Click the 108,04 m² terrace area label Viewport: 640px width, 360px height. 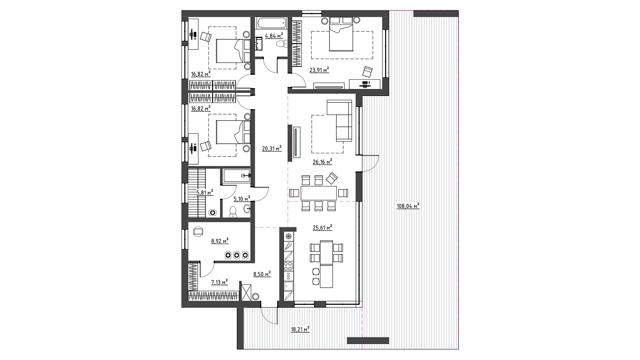pyautogui.click(x=408, y=206)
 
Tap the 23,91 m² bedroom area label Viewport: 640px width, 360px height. pyautogui.click(x=319, y=70)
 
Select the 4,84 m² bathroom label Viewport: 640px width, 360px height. pyautogui.click(x=274, y=36)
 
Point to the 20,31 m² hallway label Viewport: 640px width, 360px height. pyautogui.click(x=272, y=148)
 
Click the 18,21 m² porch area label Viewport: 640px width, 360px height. pyautogui.click(x=300, y=330)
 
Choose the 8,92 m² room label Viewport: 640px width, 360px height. pyautogui.click(x=220, y=241)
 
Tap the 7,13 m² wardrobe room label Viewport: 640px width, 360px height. pyautogui.click(x=220, y=282)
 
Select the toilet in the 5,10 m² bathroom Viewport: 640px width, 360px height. pyautogui.click(x=233, y=212)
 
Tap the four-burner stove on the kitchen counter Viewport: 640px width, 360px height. pyautogui.click(x=288, y=266)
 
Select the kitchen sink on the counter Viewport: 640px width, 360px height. pyautogui.click(x=288, y=286)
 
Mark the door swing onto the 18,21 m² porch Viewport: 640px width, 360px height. pyautogui.click(x=269, y=316)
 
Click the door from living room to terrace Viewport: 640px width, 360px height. pyautogui.click(x=370, y=164)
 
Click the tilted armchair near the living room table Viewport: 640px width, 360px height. pyautogui.click(x=332, y=178)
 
